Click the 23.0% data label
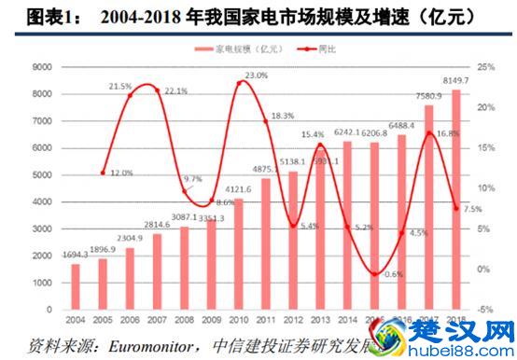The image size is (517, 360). click(x=256, y=75)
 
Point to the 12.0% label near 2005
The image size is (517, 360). click(x=121, y=173)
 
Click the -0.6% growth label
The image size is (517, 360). click(x=393, y=273)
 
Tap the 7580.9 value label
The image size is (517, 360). click(x=426, y=93)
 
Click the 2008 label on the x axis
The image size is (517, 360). click(x=184, y=319)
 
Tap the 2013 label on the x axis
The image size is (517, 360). click(x=320, y=319)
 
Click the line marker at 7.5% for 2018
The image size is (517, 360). click(x=456, y=208)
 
